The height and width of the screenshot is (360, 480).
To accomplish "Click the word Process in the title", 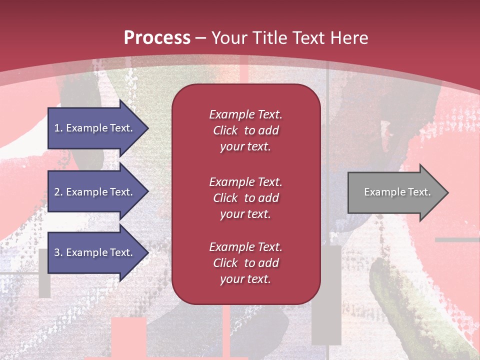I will tap(157, 38).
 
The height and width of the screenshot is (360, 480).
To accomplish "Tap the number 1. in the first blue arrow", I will tap(58, 128).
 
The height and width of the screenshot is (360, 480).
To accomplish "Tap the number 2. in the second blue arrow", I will tap(58, 192).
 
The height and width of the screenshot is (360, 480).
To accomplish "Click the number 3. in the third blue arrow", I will tap(58, 252).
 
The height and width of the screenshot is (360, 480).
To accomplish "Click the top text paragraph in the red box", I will tap(245, 130).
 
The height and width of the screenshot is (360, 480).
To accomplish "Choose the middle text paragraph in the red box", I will tap(245, 198).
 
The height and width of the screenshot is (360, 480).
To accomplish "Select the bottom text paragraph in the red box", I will tap(245, 263).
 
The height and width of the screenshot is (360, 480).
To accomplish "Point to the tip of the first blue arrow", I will tap(148, 128).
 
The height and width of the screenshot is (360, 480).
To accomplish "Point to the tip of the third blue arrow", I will tap(148, 252).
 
